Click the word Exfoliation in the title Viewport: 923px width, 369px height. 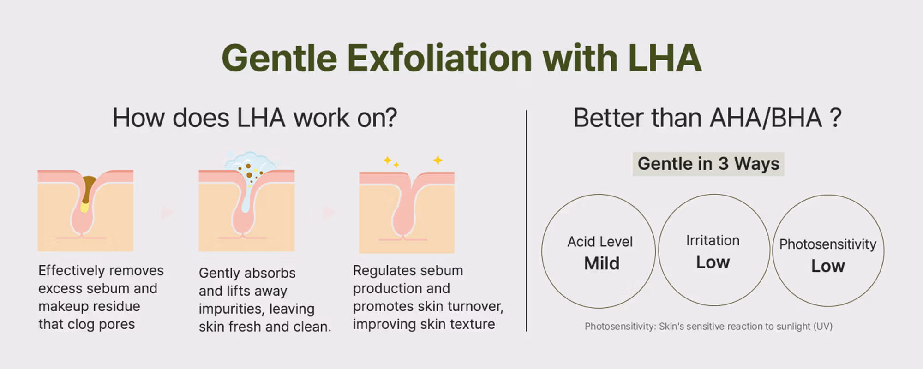[x=439, y=58]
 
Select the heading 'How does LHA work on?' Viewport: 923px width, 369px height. [x=255, y=118]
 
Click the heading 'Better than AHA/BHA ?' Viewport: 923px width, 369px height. [x=707, y=118]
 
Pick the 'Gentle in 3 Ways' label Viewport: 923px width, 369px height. [x=708, y=164]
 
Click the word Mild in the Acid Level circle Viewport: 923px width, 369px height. [x=602, y=263]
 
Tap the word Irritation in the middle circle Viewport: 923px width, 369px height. [x=713, y=240]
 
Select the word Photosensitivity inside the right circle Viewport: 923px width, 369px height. [x=828, y=244]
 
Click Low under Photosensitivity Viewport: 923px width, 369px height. [x=828, y=266]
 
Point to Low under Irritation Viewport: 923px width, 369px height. [x=713, y=262]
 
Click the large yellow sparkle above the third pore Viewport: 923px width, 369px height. [x=438, y=161]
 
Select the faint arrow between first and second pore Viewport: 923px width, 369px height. [x=168, y=213]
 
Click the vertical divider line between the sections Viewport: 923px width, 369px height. [x=526, y=220]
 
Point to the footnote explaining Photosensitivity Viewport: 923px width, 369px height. [x=708, y=327]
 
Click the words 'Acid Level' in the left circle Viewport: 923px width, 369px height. [x=600, y=242]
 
